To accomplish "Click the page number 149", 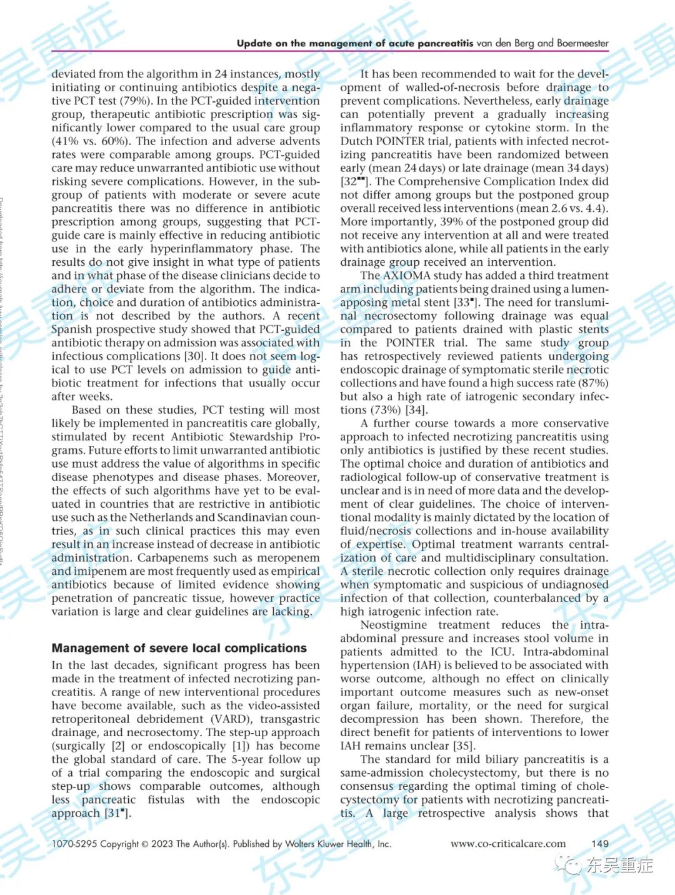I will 599,844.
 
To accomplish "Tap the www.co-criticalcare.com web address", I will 507,844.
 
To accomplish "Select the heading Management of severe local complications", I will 179,648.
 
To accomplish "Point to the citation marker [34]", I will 416,410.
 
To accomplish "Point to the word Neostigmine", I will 394,625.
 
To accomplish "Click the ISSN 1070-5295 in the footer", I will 74,844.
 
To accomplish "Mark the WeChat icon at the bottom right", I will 569,865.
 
